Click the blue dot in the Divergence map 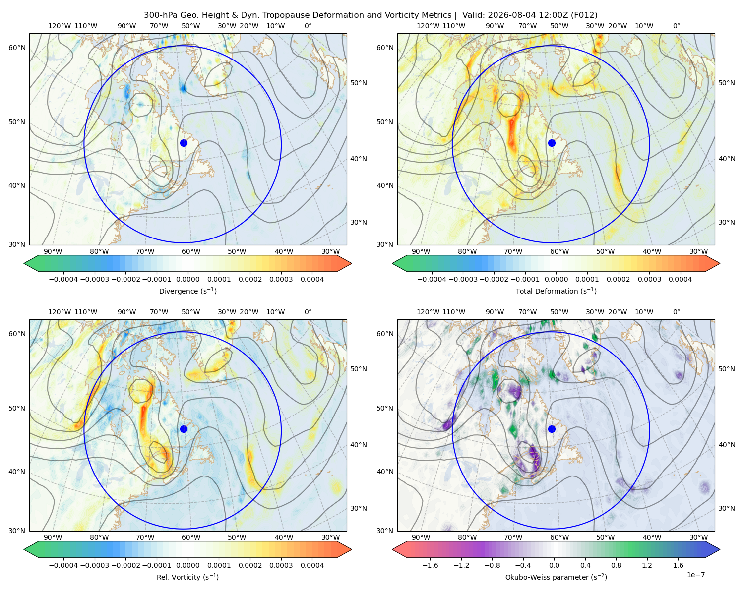pos(184,143)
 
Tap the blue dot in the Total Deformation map pos(552,143)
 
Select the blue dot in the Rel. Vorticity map pos(184,429)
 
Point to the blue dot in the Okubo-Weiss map pos(552,429)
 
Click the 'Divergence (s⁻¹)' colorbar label pos(187,291)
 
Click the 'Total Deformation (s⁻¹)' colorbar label pos(556,291)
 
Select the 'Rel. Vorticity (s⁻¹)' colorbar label pos(187,577)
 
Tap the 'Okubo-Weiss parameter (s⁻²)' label pos(556,577)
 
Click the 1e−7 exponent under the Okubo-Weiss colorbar pos(695,575)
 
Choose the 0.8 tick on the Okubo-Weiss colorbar pos(616,565)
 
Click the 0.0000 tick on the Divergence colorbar pos(187,279)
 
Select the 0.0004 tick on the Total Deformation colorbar pos(681,279)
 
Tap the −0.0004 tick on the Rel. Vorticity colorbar pos(63,565)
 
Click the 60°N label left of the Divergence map pos(17,48)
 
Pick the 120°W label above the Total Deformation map pos(428,26)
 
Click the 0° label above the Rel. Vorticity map pos(308,312)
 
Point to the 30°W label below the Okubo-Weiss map pos(699,537)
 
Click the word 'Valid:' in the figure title pos(474,15)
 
